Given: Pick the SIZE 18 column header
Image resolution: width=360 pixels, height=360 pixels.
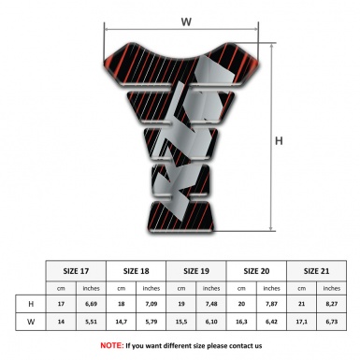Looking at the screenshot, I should coord(137,268).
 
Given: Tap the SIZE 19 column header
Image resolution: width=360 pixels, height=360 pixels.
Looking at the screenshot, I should coord(197,268).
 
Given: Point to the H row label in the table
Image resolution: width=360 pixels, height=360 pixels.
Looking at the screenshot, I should coord(31,304).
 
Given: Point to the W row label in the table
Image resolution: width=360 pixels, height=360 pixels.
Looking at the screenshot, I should coord(31,323).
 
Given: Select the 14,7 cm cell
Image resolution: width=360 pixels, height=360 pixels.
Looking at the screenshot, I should coord(122,323).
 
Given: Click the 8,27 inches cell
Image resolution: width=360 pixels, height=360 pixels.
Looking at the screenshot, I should coord(331,304).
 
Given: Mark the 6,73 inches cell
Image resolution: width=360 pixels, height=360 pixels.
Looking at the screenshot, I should coord(331,323).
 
